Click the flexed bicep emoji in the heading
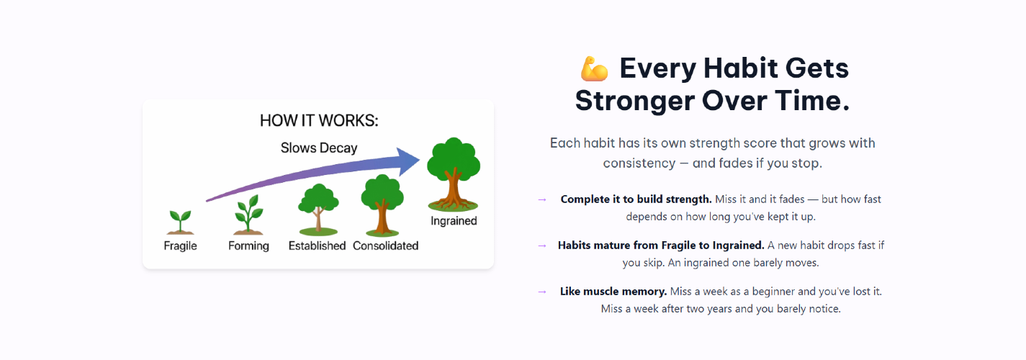(595, 68)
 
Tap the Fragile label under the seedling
(181, 246)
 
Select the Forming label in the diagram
(248, 246)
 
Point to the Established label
(317, 246)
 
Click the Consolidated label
(386, 246)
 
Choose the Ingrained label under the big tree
(454, 221)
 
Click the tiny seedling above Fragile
(181, 222)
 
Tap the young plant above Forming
(248, 215)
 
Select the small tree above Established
(318, 210)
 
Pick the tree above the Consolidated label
(382, 205)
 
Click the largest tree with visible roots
(454, 174)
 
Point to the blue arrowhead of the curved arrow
(408, 161)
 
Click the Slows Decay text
(319, 148)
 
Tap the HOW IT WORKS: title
(319, 120)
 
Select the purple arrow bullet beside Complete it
(542, 199)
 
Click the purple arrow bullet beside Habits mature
(542, 246)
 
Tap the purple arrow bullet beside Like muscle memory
(542, 292)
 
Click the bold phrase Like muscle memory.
(613, 292)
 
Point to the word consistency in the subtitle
(639, 163)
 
